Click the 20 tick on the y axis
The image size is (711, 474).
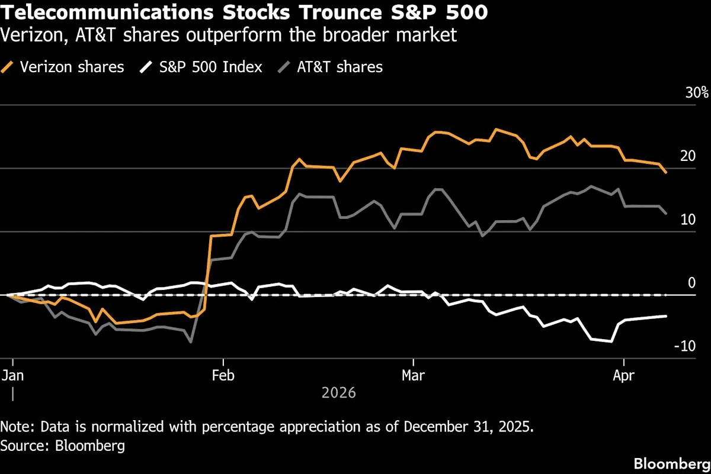tap(687, 156)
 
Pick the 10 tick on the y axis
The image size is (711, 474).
tap(687, 220)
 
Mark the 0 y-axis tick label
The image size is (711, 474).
tap(691, 283)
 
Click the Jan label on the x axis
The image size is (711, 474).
tap(12, 376)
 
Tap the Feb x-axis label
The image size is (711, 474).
tap(223, 376)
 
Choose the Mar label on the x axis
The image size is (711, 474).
tap(413, 376)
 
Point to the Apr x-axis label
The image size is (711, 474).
tap(623, 376)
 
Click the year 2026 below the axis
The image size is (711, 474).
tap(338, 392)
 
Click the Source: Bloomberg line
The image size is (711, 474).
tap(63, 446)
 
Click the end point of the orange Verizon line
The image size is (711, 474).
tap(667, 172)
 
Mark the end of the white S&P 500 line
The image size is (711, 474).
tap(667, 316)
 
